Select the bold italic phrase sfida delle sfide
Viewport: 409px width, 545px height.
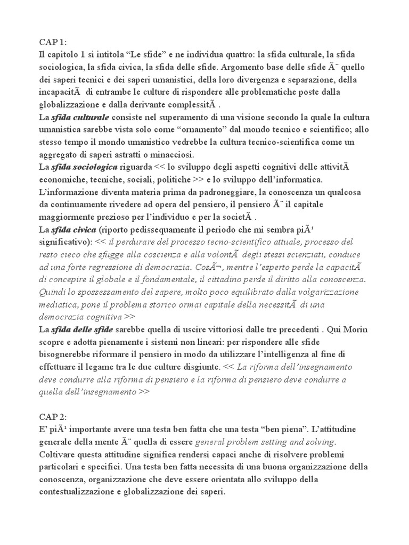(x=82, y=329)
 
